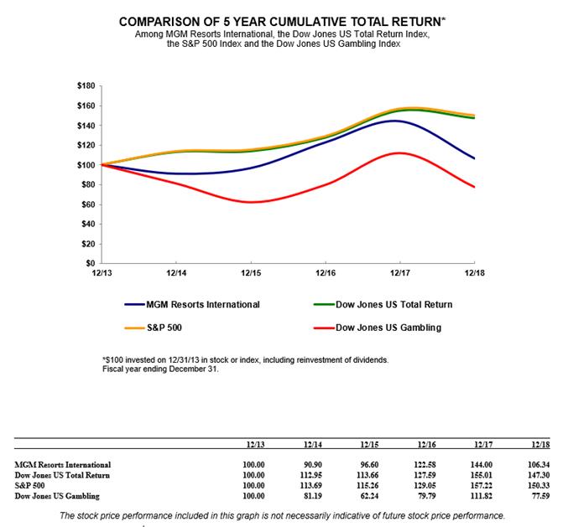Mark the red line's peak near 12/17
(399, 152)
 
